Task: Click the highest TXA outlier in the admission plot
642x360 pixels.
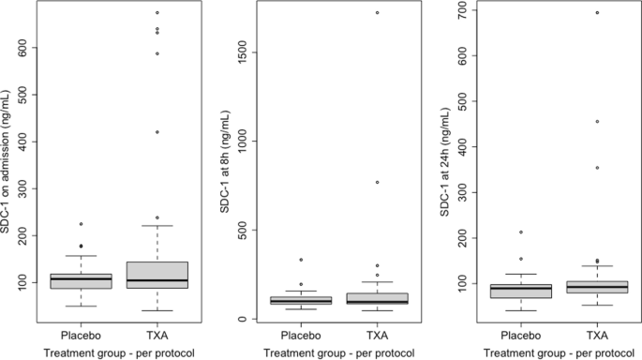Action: pos(157,12)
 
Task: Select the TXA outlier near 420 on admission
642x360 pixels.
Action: pos(157,132)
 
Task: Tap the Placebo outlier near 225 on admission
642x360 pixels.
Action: pos(81,224)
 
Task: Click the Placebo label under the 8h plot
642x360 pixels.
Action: pos(300,335)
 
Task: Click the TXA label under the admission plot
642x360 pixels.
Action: pos(157,335)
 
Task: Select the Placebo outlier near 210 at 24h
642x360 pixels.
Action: pos(519,232)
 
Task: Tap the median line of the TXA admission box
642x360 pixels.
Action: pos(157,280)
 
